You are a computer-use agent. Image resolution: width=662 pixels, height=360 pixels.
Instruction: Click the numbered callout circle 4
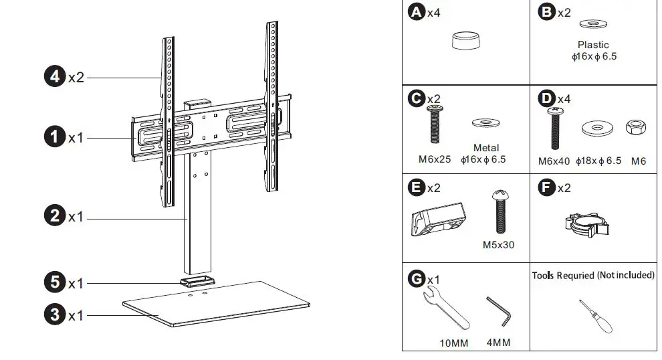(55, 77)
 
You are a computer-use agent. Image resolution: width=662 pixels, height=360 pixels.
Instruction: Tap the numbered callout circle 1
(55, 137)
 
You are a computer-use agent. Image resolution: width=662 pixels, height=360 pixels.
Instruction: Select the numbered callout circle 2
(55, 216)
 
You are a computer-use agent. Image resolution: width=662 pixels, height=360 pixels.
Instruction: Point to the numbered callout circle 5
(55, 282)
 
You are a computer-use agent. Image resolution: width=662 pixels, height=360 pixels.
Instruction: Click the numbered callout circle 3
(55, 314)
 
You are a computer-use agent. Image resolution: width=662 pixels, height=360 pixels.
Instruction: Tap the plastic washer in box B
(594, 25)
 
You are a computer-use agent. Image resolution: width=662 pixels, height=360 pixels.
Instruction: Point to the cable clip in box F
(580, 224)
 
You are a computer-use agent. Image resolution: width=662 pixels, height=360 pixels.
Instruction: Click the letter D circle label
(546, 98)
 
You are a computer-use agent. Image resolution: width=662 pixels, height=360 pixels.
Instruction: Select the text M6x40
(554, 161)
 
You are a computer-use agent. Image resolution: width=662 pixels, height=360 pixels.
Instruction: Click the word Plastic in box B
(593, 45)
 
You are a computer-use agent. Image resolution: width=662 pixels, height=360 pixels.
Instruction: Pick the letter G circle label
(417, 278)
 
